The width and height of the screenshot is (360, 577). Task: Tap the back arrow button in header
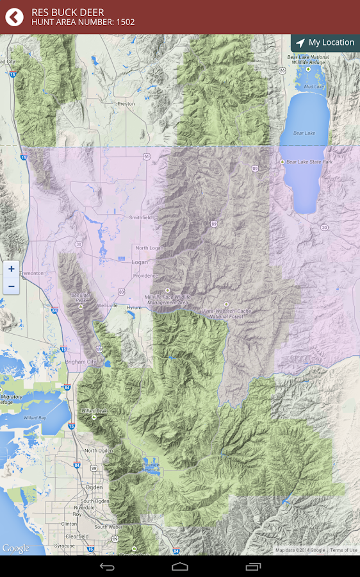pos(14,17)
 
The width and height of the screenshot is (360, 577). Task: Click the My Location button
pos(325,43)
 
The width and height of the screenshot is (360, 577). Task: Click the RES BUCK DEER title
pos(67,12)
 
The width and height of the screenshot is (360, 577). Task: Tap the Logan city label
pos(140,262)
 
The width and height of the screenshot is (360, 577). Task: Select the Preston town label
pos(126,103)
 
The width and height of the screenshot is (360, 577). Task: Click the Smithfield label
pos(140,217)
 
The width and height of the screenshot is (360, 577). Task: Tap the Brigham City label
pos(80,362)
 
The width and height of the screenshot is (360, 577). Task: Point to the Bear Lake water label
pos(304,133)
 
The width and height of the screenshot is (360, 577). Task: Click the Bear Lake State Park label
pos(309,162)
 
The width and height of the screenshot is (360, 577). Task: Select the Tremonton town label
pos(31,273)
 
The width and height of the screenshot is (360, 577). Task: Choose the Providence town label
pos(145,276)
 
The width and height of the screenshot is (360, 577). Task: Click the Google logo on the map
pos(15,548)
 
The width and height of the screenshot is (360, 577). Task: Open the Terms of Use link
pos(343,550)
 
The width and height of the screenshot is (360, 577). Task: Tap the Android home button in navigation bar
pos(180,567)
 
